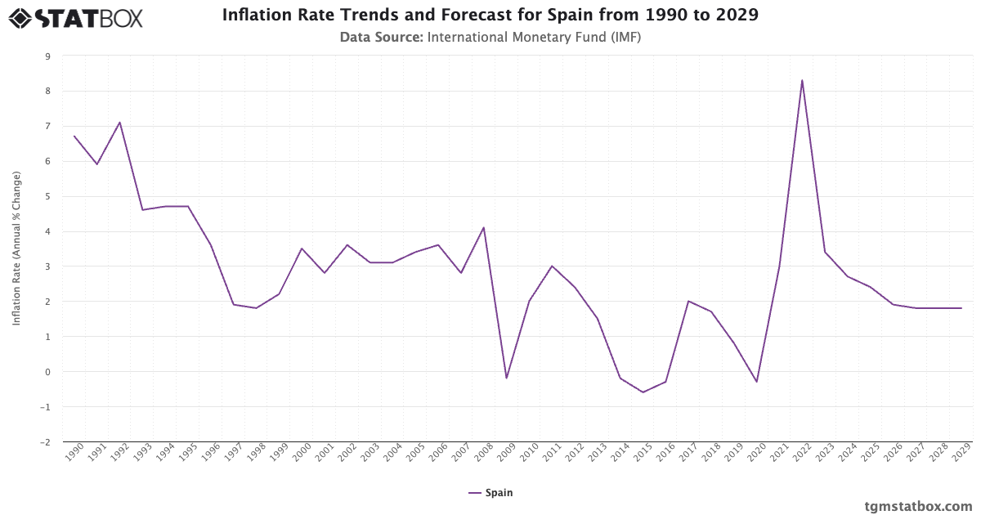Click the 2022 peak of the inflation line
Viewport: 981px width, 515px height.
[802, 80]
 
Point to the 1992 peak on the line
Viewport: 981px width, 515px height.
[120, 123]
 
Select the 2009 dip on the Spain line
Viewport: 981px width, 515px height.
[506, 378]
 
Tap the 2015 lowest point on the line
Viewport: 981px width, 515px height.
[643, 392]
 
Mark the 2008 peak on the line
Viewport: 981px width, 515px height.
[484, 227]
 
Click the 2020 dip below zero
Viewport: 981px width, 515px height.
[756, 382]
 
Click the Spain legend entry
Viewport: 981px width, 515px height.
[490, 493]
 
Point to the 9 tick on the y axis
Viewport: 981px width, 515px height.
[47, 56]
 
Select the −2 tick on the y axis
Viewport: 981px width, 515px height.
[45, 442]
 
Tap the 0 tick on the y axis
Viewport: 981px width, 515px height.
[47, 372]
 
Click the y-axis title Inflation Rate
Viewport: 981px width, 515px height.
[16, 249]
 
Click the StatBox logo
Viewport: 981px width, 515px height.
[75, 17]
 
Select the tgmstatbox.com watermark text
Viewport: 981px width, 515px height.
[918, 506]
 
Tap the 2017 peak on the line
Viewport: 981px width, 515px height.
[688, 301]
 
